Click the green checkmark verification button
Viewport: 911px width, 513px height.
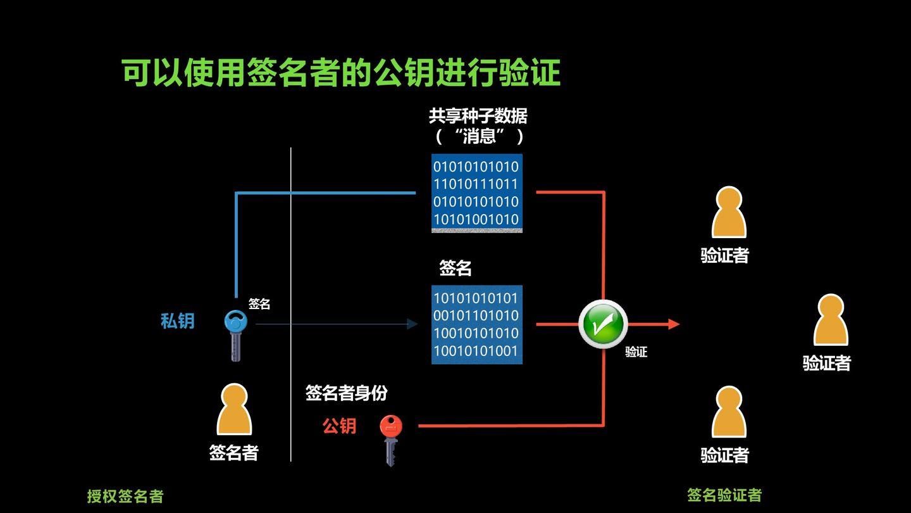pos(602,324)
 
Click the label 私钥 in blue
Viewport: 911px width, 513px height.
pos(177,321)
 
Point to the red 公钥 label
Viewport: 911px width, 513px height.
pos(340,426)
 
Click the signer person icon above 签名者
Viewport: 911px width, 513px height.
pos(234,410)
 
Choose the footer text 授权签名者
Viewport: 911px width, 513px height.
pos(125,496)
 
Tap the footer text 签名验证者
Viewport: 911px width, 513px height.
pos(724,495)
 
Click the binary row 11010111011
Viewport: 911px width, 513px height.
pos(476,184)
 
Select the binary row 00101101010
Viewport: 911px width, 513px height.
pos(476,315)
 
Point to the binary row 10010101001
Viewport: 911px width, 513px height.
pos(476,351)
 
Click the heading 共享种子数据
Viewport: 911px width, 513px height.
pos(478,116)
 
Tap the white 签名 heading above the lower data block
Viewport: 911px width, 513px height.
pos(455,269)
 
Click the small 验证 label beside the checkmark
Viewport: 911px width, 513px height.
pos(636,352)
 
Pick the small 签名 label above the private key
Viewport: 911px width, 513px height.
pos(259,304)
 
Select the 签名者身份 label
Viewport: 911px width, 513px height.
pos(346,393)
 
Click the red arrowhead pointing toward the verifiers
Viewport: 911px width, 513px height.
pos(674,324)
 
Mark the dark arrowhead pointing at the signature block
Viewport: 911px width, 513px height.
pos(412,324)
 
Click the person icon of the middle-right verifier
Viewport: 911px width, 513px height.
pos(830,320)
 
